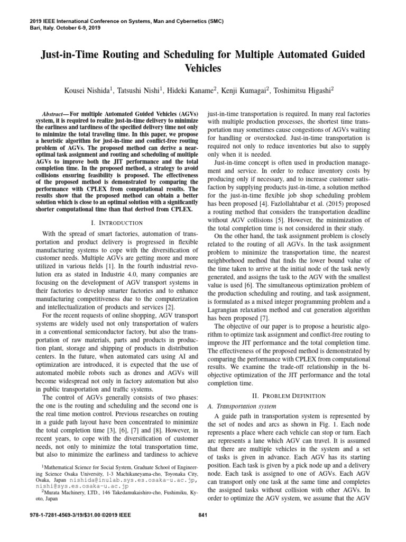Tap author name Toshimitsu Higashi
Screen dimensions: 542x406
click(301, 91)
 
